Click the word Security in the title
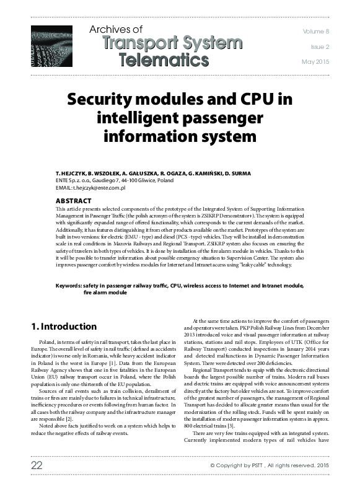coord(104,100)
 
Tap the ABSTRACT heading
coord(74,201)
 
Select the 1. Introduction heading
coord(63,326)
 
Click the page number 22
coord(37,464)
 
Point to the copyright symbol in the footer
coord(213,465)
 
